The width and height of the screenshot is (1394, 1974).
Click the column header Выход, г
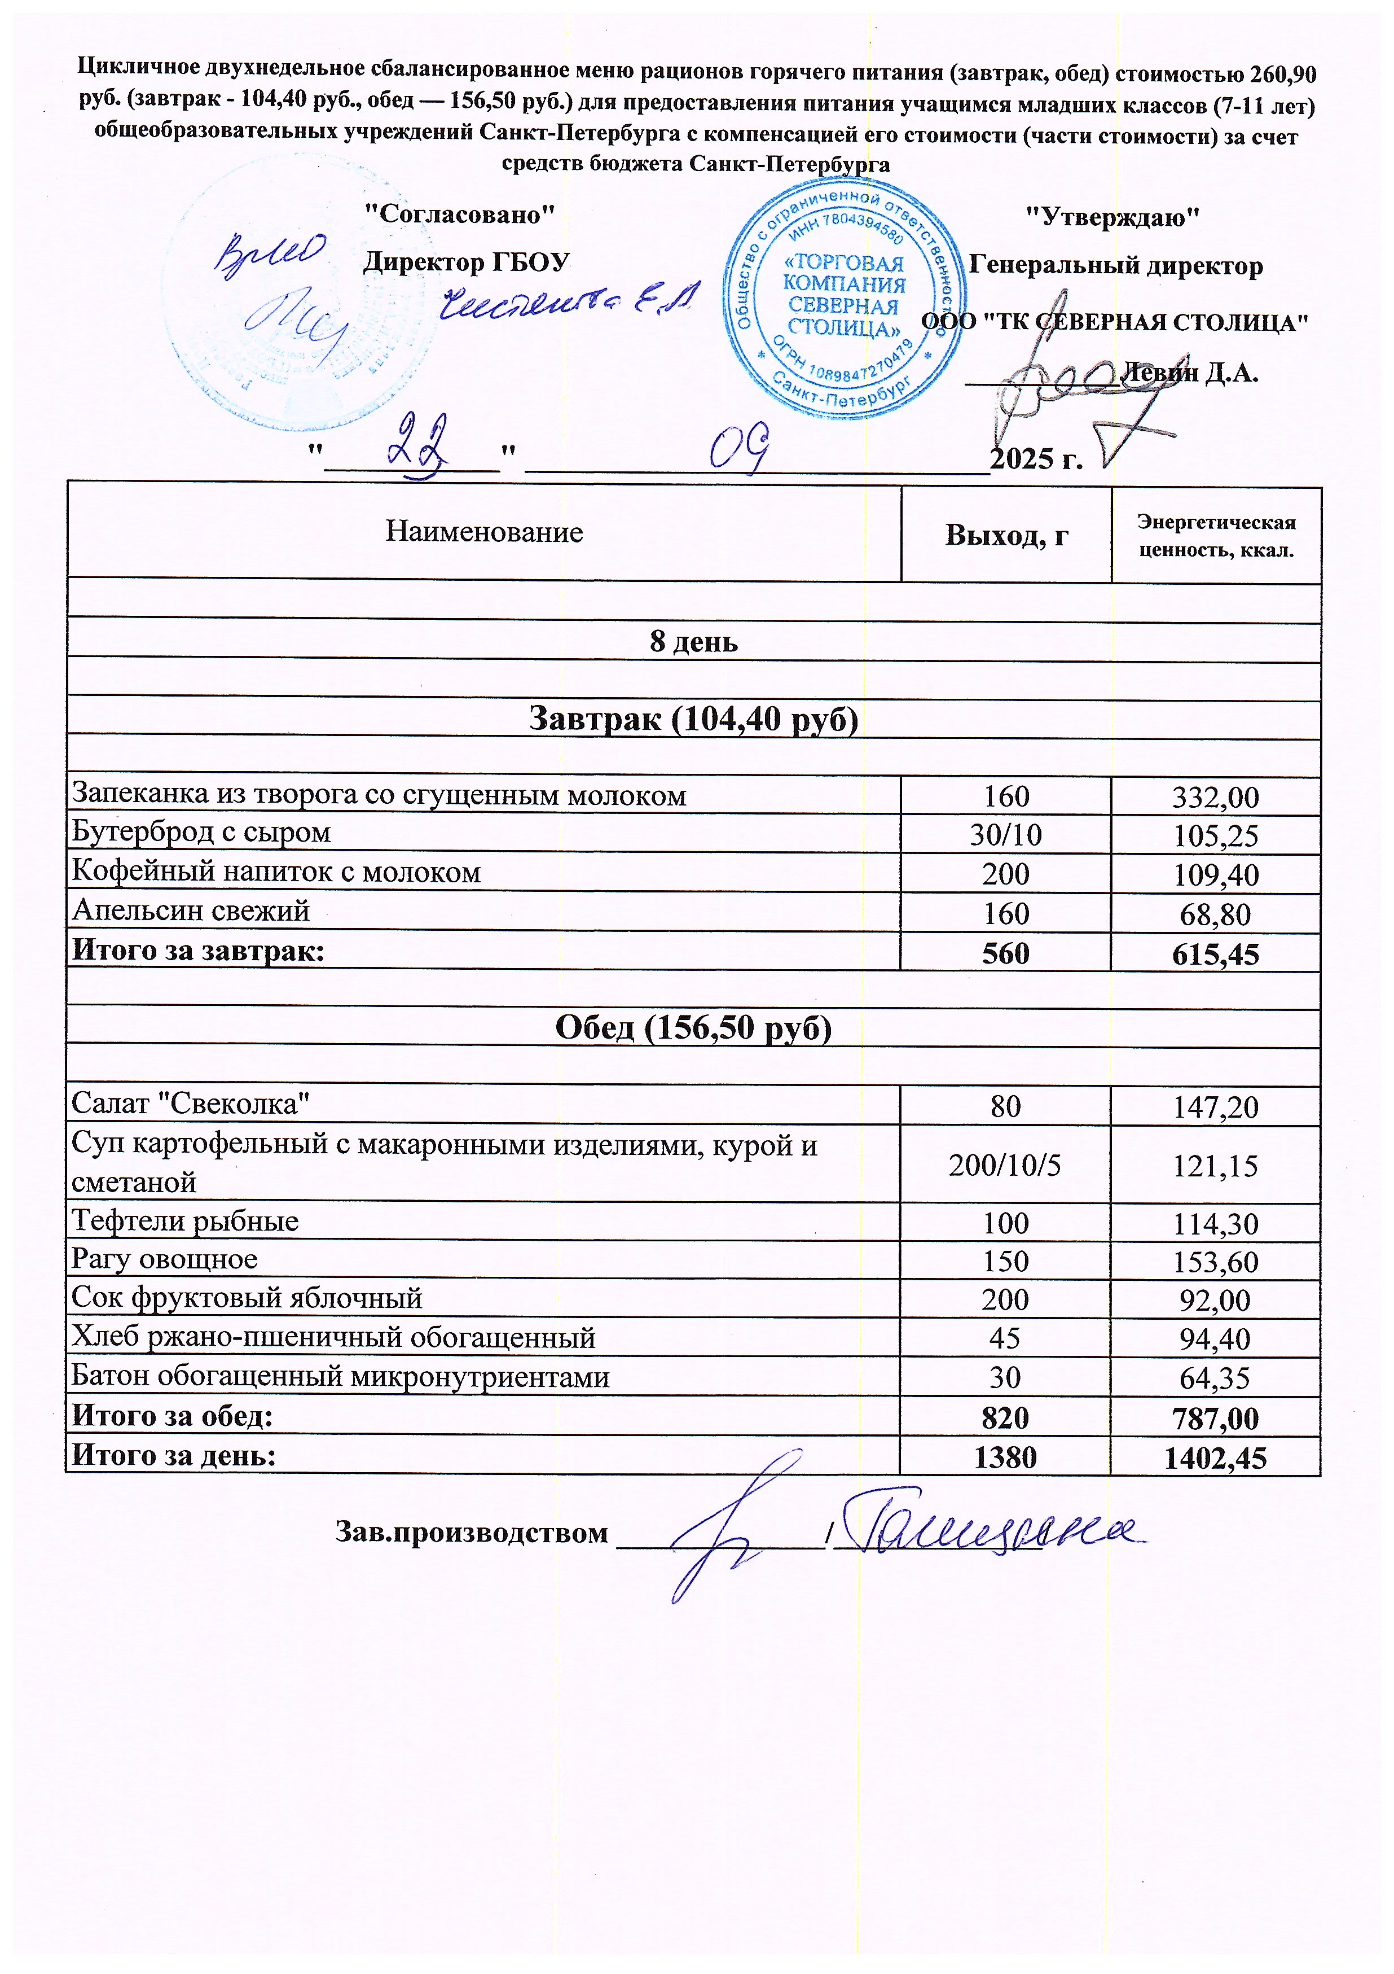pyautogui.click(x=1006, y=536)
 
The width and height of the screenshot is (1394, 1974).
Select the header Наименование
pyautogui.click(x=484, y=532)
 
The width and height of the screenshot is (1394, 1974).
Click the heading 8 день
pyautogui.click(x=693, y=641)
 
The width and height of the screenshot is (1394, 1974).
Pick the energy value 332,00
pyautogui.click(x=1215, y=797)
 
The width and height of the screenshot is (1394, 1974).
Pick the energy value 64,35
pyautogui.click(x=1215, y=1378)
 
